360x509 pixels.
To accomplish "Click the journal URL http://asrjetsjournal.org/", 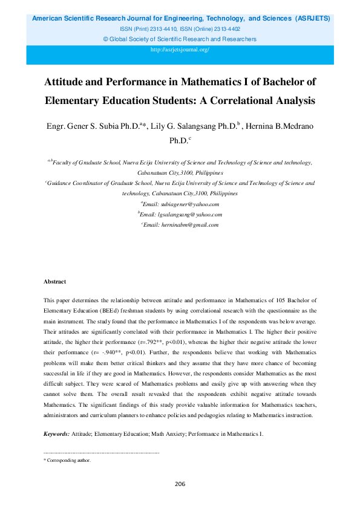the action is (x=180, y=50).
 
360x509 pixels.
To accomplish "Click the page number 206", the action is (x=180, y=484).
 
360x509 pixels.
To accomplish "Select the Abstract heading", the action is (x=55, y=282).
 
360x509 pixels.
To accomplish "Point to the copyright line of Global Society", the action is (x=180, y=39).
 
